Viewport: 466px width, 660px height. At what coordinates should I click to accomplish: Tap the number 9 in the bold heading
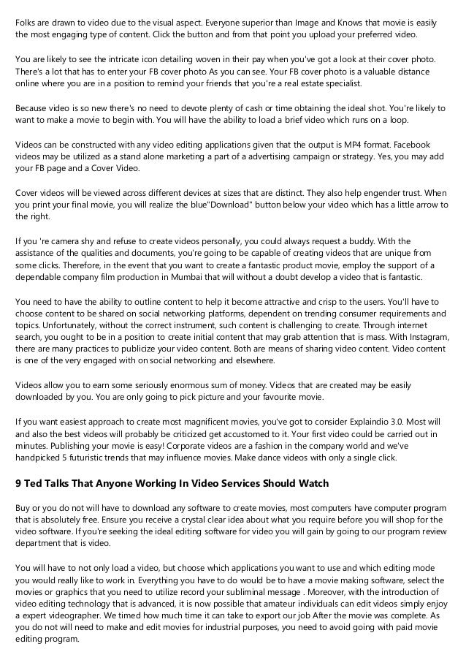click(x=18, y=483)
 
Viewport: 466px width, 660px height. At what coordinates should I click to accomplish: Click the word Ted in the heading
click(x=34, y=483)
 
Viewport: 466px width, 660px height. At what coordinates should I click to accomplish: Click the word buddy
click(x=339, y=240)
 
